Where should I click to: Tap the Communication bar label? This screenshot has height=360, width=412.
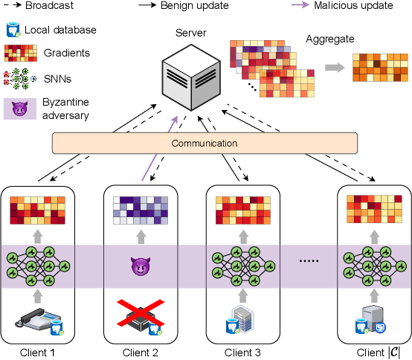pos(205,143)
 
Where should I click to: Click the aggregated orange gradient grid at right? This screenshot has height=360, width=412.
pos(379,68)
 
